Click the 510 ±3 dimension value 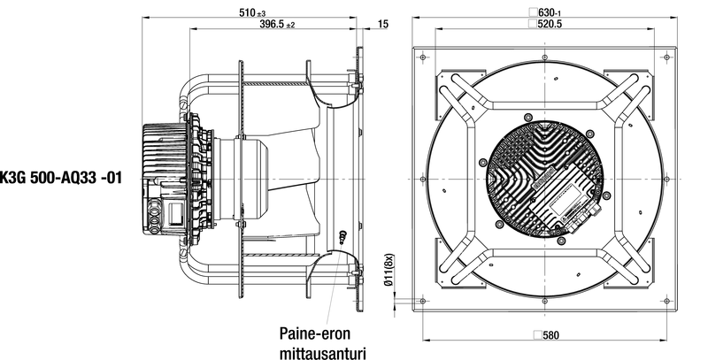[x=252, y=12]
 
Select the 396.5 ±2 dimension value [x=277, y=25]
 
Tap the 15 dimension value [x=383, y=24]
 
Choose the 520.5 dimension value [x=550, y=24]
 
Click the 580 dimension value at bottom [x=550, y=335]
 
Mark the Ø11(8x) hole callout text [x=389, y=270]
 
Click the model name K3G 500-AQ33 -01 [x=60, y=178]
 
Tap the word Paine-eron [x=315, y=333]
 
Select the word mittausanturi [x=322, y=352]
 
